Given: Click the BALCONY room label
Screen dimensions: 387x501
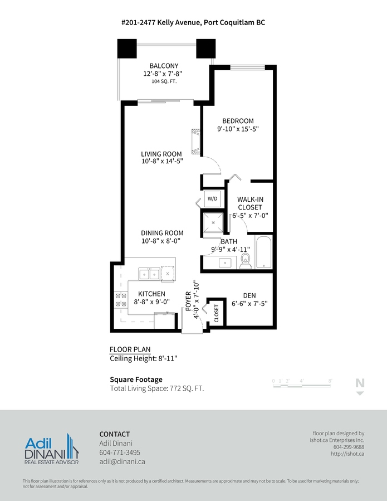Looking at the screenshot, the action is (x=164, y=66).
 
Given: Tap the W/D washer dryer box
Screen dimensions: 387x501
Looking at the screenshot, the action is (x=212, y=199).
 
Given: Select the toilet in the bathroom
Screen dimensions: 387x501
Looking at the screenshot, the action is (x=245, y=261).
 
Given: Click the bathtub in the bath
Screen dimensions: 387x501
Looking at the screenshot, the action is (x=263, y=252).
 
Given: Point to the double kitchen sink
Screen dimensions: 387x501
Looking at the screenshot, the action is (x=149, y=274).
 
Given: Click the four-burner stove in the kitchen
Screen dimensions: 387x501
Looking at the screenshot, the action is (x=121, y=300).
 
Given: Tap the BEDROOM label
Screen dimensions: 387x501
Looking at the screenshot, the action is (x=238, y=121).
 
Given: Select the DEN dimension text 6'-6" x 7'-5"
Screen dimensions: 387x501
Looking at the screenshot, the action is (x=249, y=304).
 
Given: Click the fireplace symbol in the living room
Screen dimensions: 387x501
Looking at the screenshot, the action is (x=196, y=140).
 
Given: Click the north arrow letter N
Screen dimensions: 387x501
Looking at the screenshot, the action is (x=360, y=383).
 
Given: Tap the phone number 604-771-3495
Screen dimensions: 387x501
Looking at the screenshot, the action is (x=120, y=453).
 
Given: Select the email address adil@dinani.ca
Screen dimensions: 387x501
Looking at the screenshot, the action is (x=123, y=461).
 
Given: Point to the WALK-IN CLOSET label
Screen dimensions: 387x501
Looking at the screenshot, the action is (x=250, y=203).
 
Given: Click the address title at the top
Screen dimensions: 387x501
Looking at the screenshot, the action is (x=194, y=22).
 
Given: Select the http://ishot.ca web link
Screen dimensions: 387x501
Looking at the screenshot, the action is (x=347, y=454).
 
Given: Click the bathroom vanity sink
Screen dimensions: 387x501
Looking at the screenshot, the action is (x=225, y=263).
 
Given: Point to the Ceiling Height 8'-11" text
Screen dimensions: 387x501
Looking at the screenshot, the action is (x=143, y=358).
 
